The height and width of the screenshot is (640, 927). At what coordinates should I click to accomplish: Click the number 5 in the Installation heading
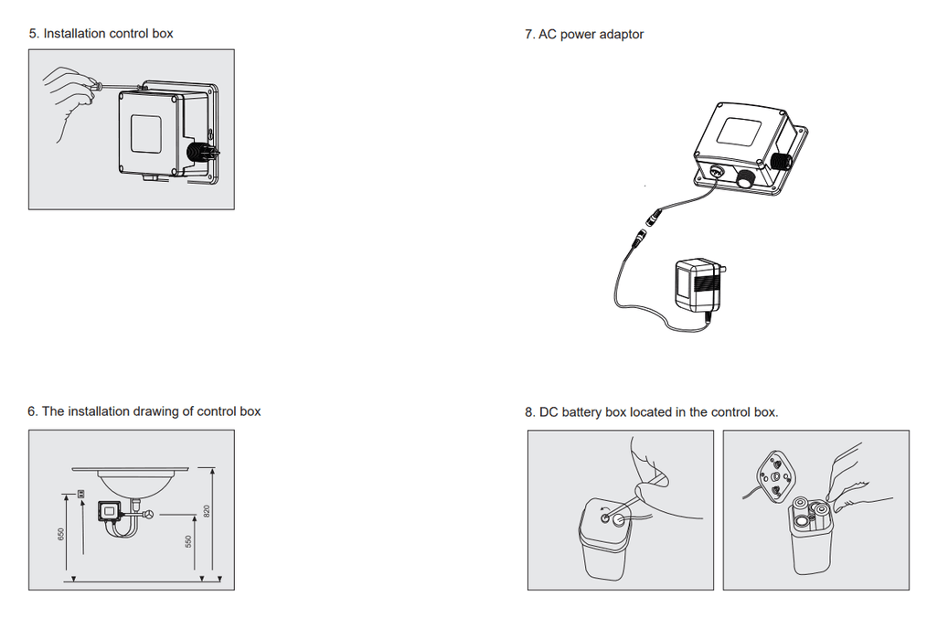tap(32, 34)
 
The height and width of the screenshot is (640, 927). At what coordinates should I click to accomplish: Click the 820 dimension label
tap(208, 511)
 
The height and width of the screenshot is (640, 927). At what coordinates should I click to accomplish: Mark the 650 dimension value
tap(61, 534)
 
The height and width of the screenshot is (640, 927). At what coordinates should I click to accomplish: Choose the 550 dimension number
tap(189, 542)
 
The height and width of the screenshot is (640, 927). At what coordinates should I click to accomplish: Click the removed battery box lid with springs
tap(775, 476)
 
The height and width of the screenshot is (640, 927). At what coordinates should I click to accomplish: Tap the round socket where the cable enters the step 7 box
tap(715, 170)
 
